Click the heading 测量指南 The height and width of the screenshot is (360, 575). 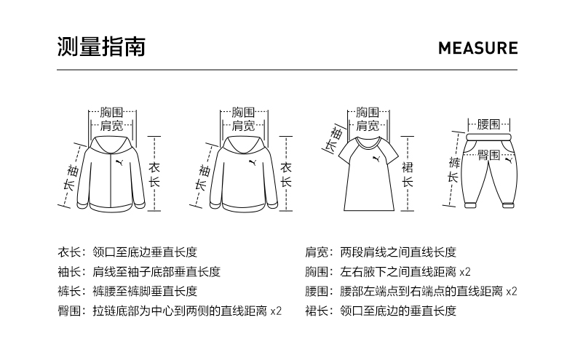(101, 47)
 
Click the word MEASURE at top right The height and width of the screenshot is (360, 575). (477, 49)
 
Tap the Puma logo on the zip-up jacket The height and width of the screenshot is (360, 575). (120, 160)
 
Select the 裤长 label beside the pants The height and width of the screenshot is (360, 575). (453, 169)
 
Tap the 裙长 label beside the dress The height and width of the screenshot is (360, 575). (408, 175)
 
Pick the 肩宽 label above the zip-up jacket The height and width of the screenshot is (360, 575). (111, 126)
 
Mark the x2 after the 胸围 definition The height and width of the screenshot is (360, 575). (465, 272)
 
